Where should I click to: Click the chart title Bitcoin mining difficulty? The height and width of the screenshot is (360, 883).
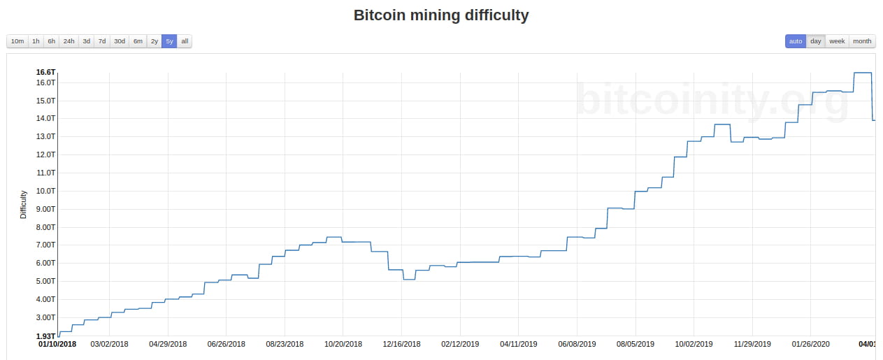click(441, 15)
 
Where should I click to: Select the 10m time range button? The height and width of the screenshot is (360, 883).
click(17, 41)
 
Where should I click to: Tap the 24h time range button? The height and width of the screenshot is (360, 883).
click(69, 41)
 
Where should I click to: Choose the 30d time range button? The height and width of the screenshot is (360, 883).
click(120, 41)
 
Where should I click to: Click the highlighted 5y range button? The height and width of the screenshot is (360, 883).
click(169, 41)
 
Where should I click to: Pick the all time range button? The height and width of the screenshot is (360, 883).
click(185, 41)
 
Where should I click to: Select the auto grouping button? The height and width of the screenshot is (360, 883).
click(796, 41)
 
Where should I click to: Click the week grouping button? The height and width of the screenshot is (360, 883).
click(837, 41)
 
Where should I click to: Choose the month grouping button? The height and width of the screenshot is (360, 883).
click(862, 41)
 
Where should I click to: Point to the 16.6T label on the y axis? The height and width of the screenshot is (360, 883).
click(45, 73)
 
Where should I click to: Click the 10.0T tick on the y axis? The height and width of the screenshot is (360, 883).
click(45, 191)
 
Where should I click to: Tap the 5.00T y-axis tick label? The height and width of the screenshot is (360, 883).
click(45, 281)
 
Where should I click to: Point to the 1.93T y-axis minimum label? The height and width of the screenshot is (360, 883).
click(45, 336)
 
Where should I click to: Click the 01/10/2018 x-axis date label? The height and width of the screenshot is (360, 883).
click(57, 344)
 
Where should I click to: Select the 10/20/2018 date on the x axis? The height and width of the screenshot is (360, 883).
click(343, 344)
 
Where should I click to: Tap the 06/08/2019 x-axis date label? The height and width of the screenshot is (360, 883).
click(577, 344)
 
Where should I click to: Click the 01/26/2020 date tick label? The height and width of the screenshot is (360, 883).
click(810, 344)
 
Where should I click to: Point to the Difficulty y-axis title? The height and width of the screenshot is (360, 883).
click(23, 204)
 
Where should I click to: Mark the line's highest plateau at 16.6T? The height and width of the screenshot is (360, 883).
click(862, 73)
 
